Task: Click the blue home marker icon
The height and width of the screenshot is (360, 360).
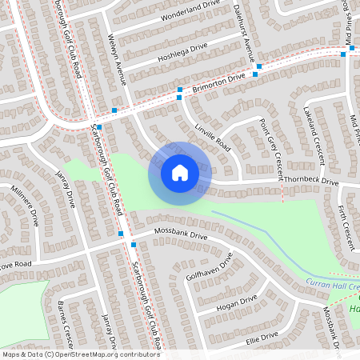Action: (180, 173)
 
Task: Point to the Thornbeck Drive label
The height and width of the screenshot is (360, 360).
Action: (312, 182)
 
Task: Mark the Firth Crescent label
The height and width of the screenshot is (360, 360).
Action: (345, 227)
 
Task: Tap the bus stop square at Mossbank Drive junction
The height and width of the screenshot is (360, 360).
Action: (121, 234)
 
